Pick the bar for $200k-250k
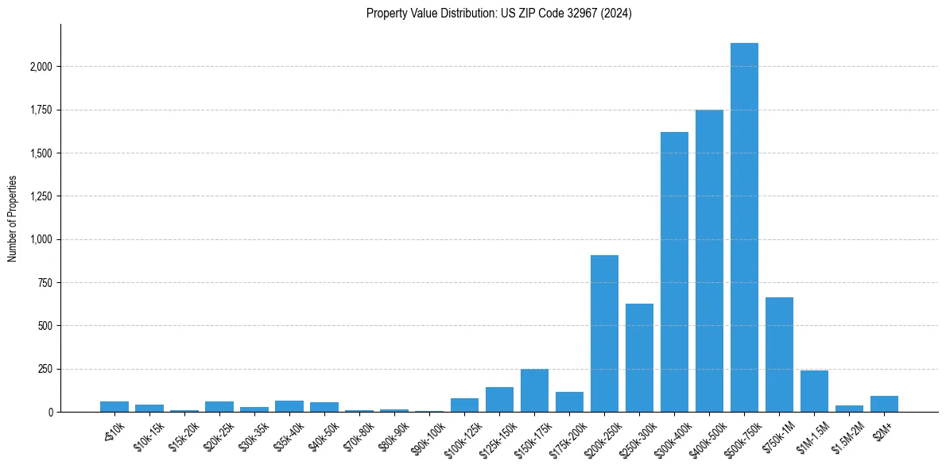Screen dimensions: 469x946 pyautogui.click(x=604, y=334)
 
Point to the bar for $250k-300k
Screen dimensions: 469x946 pyautogui.click(x=639, y=358)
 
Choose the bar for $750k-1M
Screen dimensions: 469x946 pyautogui.click(x=779, y=355)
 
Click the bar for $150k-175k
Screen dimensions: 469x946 pyautogui.click(x=534, y=390)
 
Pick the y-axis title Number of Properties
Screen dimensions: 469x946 pyautogui.click(x=12, y=219)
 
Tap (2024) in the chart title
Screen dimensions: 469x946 pyautogui.click(x=617, y=14)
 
